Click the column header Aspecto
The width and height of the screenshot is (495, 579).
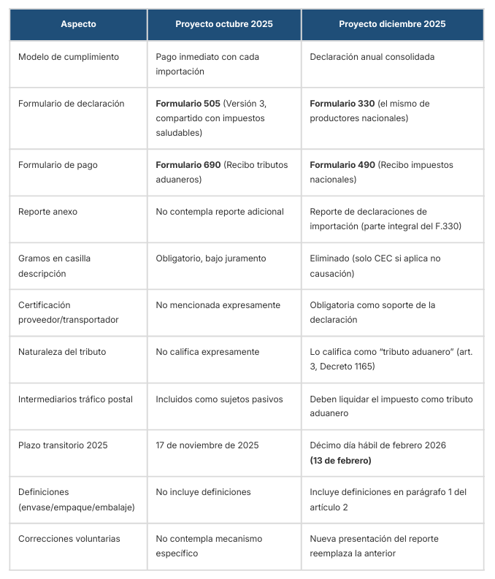[x=78, y=24]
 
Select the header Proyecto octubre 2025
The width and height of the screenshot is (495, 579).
[x=223, y=24]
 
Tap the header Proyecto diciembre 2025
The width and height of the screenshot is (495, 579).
[x=392, y=24]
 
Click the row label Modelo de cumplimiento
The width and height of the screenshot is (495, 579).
[x=69, y=57]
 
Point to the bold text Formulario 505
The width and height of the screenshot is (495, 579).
[x=188, y=104]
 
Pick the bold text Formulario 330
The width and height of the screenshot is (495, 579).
[x=342, y=104]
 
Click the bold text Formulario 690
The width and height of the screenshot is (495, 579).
[x=188, y=165]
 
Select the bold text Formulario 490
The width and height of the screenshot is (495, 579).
[x=342, y=165]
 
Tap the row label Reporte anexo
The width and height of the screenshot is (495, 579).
[x=47, y=212]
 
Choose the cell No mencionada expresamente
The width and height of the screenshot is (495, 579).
[x=218, y=305]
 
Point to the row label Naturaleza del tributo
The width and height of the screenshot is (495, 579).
[x=62, y=352]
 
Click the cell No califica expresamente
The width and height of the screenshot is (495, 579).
[x=207, y=352]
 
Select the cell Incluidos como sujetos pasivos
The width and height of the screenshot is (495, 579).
[x=219, y=399]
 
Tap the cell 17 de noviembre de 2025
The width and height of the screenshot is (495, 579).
[x=207, y=445]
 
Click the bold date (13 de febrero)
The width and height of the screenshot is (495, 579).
[x=340, y=461]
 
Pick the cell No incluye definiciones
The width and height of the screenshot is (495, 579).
[x=203, y=492]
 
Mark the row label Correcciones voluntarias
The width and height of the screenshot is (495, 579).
[x=69, y=539]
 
